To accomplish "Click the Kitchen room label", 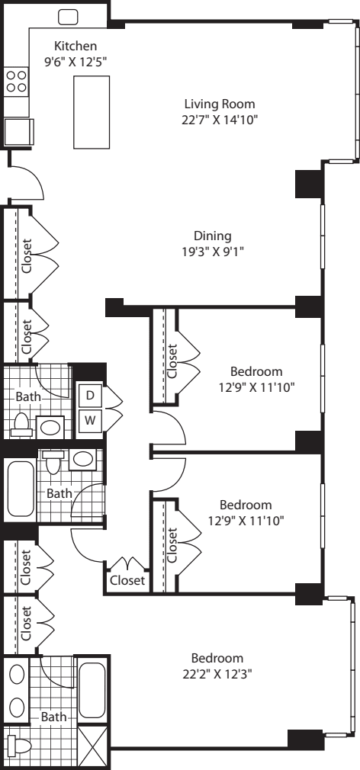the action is click(76, 47).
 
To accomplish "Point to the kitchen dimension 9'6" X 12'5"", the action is click(76, 62).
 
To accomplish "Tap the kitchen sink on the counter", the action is click(69, 18).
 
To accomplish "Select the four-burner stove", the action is click(16, 82).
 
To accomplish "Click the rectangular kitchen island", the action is click(92, 112).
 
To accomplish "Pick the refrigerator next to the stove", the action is click(18, 132).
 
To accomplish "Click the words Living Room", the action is click(220, 104).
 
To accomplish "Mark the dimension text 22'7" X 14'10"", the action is click(220, 120).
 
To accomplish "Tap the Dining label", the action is click(213, 236).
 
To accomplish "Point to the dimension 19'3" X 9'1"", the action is click(213, 252).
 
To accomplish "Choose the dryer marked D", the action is click(90, 396).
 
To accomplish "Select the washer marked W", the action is click(90, 420).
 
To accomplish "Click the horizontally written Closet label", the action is click(127, 580).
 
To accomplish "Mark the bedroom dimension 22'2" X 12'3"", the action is click(217, 674).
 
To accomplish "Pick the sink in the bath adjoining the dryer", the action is click(50, 427).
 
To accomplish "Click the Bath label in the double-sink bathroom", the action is click(53, 717).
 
